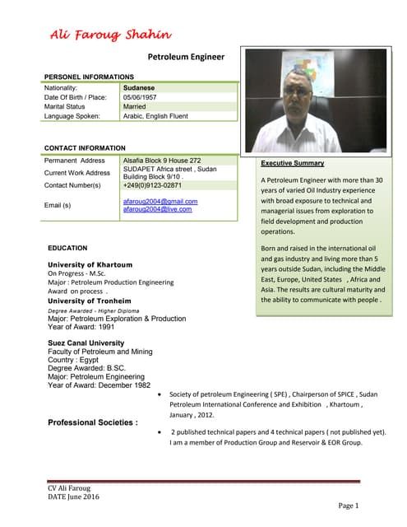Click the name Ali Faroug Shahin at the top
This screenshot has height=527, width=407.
click(x=110, y=34)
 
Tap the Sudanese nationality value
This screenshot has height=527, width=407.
click(x=139, y=87)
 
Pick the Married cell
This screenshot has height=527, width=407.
click(x=134, y=107)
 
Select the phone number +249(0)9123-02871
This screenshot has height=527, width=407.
click(x=152, y=186)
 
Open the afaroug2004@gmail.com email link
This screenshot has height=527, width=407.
click(x=160, y=201)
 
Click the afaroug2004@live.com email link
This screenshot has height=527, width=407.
click(x=157, y=209)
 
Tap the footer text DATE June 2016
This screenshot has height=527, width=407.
click(x=73, y=497)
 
